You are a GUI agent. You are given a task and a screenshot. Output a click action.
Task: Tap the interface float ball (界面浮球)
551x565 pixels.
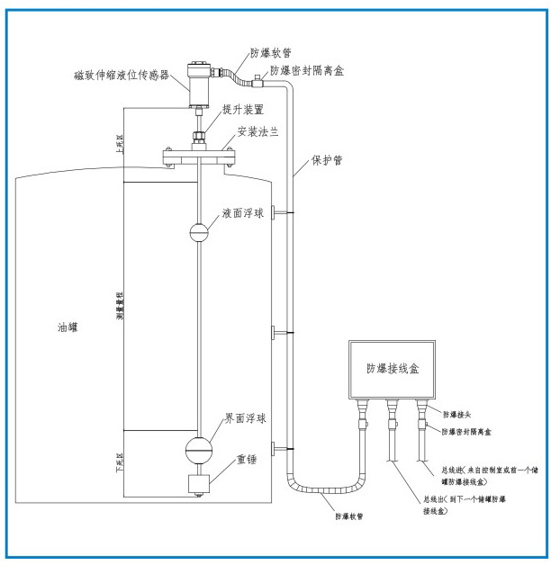coord(200,447)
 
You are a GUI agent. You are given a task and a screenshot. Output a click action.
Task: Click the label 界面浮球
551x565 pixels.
coord(245,419)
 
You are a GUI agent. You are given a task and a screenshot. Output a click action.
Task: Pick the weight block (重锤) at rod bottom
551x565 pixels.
coord(199,483)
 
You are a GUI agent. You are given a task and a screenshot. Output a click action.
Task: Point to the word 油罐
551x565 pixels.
coord(68,329)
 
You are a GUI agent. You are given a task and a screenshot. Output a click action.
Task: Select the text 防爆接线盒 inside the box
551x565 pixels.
coord(392,368)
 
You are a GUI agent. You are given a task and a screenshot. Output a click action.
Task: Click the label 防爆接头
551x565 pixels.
coord(461,415)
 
